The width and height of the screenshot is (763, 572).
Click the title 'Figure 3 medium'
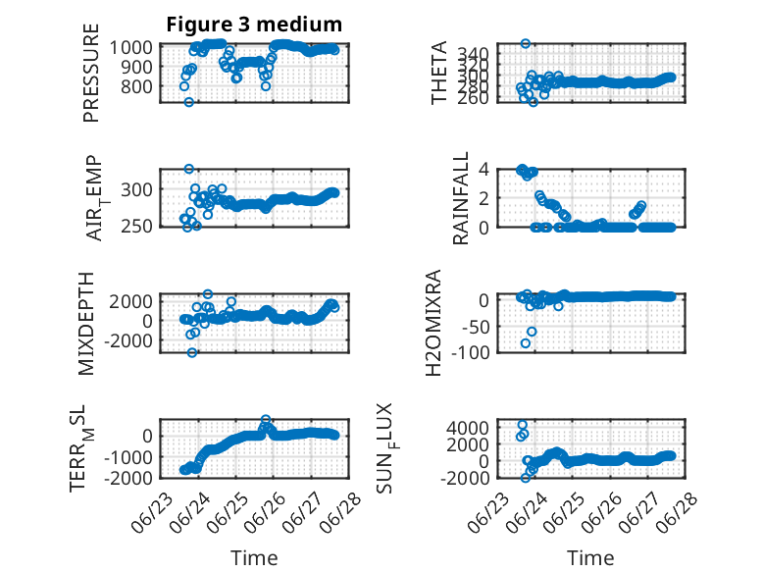254,25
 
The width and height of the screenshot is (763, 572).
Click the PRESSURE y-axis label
91,73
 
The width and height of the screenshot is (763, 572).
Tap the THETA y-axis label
439,73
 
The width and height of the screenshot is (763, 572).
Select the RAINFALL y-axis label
460,198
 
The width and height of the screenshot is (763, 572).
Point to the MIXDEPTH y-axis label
85,324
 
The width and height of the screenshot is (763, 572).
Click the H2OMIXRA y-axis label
433,323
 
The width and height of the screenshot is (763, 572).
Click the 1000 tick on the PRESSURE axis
130,48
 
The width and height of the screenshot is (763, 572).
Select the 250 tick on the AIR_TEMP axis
136,227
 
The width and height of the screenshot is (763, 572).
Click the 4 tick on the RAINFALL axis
483,170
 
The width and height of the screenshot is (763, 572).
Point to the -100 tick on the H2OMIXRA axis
470,352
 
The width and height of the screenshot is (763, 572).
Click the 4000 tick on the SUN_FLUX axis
468,428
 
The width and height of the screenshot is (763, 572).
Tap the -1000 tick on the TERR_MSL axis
128,457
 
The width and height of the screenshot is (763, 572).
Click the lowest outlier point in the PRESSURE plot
189,102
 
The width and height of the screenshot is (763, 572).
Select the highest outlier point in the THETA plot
525,44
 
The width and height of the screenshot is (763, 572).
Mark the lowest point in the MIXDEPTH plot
192,352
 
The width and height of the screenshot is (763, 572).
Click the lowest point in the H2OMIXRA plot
526,343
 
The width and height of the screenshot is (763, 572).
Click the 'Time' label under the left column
254,558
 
